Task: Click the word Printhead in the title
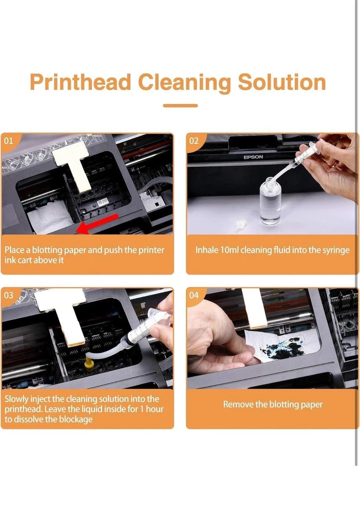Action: (x=80, y=82)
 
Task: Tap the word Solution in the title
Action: (x=282, y=82)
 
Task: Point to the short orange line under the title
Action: (x=180, y=106)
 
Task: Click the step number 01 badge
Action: (x=9, y=141)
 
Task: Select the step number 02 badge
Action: (x=194, y=141)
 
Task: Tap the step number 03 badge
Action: (x=9, y=295)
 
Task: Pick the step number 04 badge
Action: (x=194, y=295)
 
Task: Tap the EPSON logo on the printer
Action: (x=253, y=157)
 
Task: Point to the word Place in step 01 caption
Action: (x=15, y=250)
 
